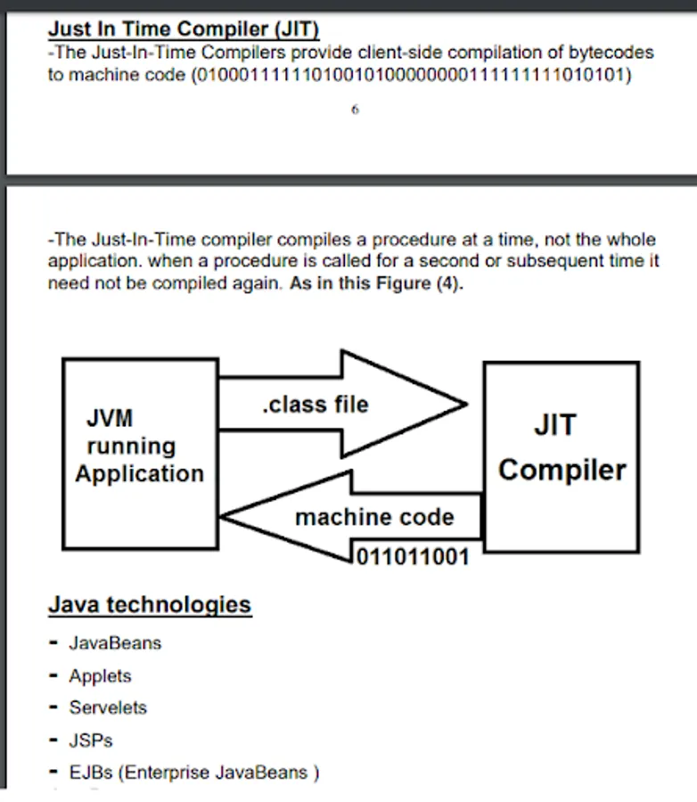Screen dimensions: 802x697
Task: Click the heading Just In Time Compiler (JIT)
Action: pos(184,29)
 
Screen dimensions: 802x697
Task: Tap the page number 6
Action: pos(355,110)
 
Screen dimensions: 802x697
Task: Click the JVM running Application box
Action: pos(140,453)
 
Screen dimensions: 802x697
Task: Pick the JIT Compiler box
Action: pos(561,455)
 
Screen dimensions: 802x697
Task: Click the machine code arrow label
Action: pos(374,517)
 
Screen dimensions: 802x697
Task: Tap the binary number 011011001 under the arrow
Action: pos(412,558)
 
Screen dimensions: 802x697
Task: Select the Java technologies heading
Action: pos(150,605)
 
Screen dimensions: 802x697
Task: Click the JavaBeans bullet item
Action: pos(115,642)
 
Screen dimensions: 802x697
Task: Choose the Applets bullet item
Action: pos(100,675)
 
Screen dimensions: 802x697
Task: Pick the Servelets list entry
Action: pos(108,708)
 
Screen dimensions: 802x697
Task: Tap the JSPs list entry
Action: pos(91,740)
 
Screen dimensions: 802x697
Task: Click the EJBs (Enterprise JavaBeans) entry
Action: pos(193,773)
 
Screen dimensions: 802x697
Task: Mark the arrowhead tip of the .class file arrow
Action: pos(465,405)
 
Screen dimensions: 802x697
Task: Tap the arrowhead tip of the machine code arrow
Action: pos(223,516)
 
